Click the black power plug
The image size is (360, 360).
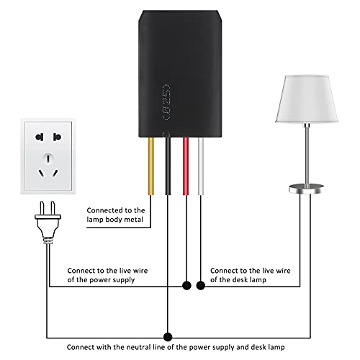point(42,222)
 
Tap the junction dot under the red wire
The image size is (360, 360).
point(186,285)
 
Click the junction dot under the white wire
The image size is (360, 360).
point(202,285)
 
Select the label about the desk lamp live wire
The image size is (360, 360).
point(251,274)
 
